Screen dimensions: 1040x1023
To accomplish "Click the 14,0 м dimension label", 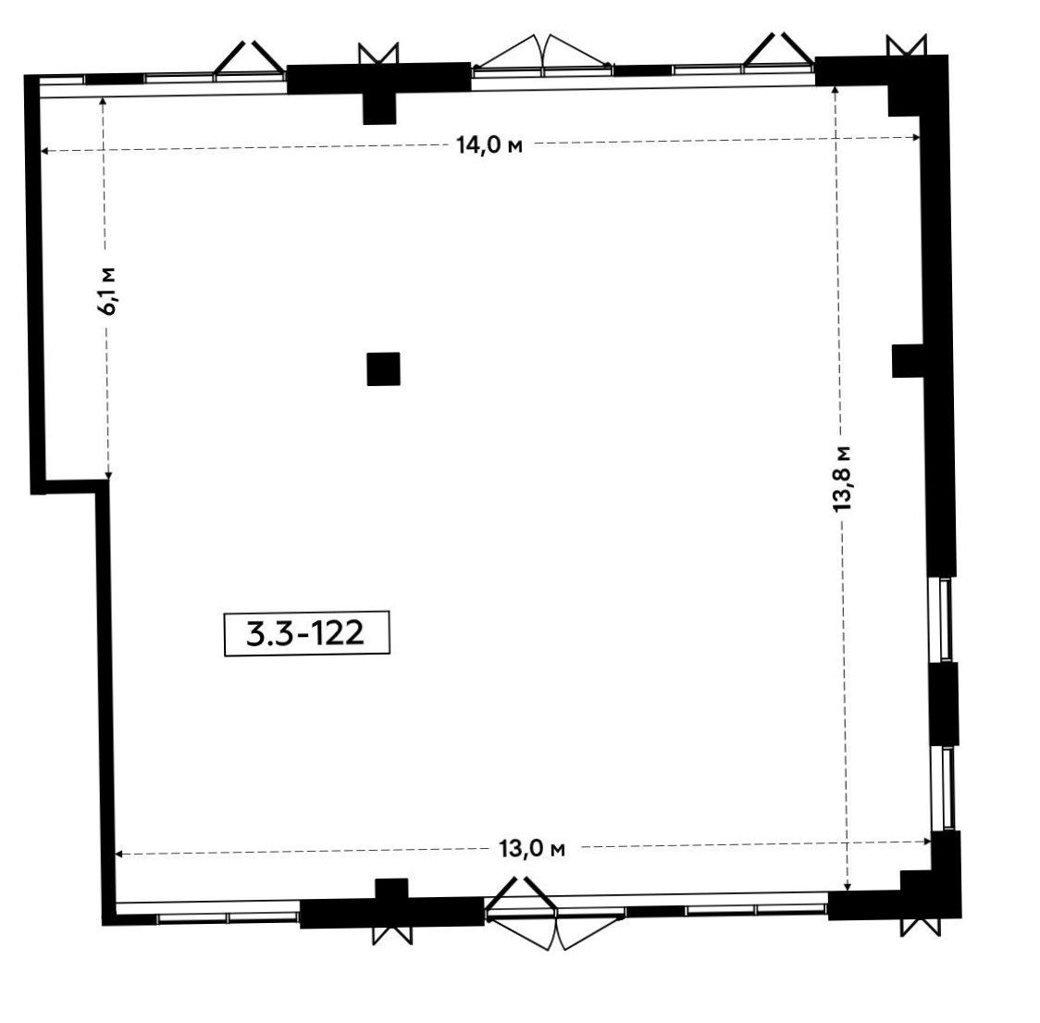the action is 489,144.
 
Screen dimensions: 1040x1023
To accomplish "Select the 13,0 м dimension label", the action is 532,848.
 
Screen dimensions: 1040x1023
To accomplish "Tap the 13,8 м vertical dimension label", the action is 841,479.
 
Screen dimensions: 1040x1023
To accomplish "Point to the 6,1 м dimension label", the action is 106,291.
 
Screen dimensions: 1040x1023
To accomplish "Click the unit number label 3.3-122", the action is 306,633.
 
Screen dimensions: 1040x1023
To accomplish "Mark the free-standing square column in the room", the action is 383,368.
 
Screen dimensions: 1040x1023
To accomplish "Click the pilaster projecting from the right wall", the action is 908,360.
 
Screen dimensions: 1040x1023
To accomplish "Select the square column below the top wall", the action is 379,108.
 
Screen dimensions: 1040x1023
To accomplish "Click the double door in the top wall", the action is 543,53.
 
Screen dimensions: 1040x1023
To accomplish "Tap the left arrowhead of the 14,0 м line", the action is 44,151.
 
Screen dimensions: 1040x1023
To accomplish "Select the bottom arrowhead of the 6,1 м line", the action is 109,474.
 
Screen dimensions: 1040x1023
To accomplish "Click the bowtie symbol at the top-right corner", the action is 906,45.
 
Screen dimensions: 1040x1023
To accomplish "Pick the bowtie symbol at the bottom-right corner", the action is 921,927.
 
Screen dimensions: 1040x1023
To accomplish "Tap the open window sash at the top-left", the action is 250,56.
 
